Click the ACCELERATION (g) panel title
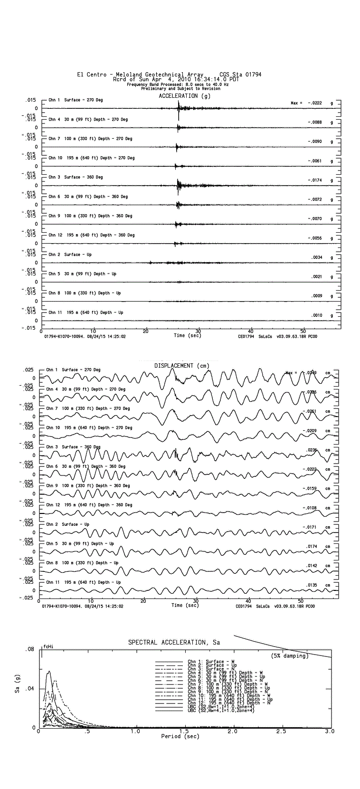tap(184, 96)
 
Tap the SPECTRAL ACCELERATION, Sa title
tap(174, 642)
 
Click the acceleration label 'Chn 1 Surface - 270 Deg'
tap(76, 100)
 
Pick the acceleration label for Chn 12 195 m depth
tap(92, 235)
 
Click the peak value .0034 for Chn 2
tap(317, 257)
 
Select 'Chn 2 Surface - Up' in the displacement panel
tap(68, 524)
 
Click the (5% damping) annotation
tap(290, 656)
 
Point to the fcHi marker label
tap(47, 646)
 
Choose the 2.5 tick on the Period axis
tap(281, 731)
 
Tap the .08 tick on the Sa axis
tap(30, 649)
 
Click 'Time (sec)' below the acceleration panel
tap(187, 335)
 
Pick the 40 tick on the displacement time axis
tap(248, 601)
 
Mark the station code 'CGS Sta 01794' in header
tap(240, 75)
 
